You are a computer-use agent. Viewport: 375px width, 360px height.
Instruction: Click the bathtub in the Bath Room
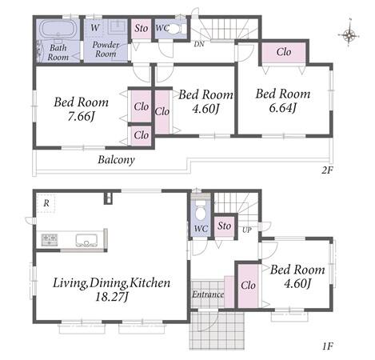tap(58, 29)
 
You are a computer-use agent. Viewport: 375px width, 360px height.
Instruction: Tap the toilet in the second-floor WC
tap(178, 28)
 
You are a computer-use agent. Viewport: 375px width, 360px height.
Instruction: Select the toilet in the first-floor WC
tap(201, 210)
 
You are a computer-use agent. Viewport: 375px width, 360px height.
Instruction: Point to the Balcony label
tap(116, 160)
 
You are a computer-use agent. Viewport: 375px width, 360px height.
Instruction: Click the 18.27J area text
tap(112, 297)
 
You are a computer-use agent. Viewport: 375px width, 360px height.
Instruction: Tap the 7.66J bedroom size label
tap(82, 116)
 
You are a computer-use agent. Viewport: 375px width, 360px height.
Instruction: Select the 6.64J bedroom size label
tap(282, 108)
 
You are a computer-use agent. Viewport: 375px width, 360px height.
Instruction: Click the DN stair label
tap(199, 44)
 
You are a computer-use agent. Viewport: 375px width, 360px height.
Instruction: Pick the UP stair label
tap(247, 230)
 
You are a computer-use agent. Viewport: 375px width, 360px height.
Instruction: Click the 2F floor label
tap(328, 170)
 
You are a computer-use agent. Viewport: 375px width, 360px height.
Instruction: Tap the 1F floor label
tap(328, 346)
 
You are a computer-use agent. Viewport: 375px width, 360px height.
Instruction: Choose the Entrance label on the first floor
tap(208, 294)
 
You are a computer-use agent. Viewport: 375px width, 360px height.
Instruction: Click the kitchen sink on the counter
tap(86, 240)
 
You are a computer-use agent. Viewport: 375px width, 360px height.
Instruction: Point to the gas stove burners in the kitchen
tap(50, 239)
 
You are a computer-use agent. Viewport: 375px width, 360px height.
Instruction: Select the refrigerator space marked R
tap(46, 203)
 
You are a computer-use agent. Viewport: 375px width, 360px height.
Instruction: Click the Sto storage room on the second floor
tap(142, 29)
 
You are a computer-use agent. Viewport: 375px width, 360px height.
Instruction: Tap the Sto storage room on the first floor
tap(225, 226)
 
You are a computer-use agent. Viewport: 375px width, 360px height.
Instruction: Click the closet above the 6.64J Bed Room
tap(284, 52)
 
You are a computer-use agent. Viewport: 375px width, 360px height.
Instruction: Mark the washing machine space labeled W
tap(95, 28)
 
